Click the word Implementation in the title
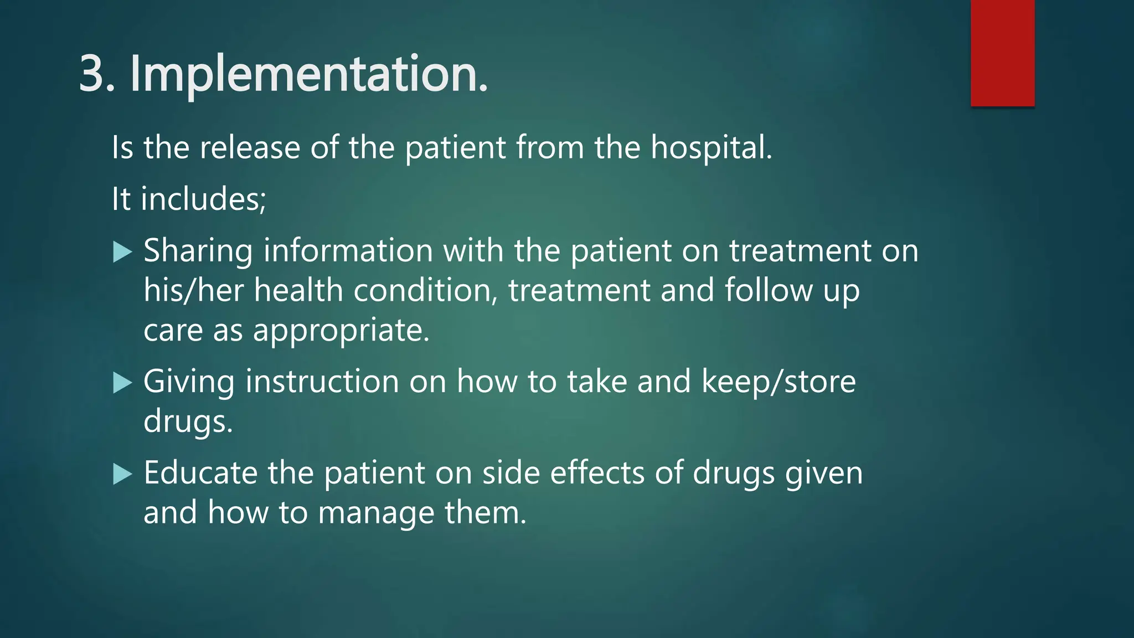point(308,74)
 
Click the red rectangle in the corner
point(1002,53)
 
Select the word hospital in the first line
point(710,148)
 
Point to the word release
point(249,148)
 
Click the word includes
point(203,199)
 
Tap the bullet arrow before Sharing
point(122,252)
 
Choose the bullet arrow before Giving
point(122,383)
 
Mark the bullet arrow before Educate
point(122,474)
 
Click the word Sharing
point(198,251)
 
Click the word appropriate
point(341,331)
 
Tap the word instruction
point(322,382)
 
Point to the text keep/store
point(779,382)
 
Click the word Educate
point(200,473)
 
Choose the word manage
point(376,513)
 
